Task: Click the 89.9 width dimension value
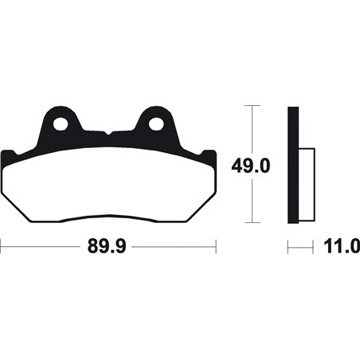point(108,248)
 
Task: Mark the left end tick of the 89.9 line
point(2,248)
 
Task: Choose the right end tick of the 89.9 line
point(216,248)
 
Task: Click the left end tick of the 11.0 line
point(288,248)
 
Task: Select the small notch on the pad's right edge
point(210,154)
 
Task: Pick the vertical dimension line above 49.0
point(251,127)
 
